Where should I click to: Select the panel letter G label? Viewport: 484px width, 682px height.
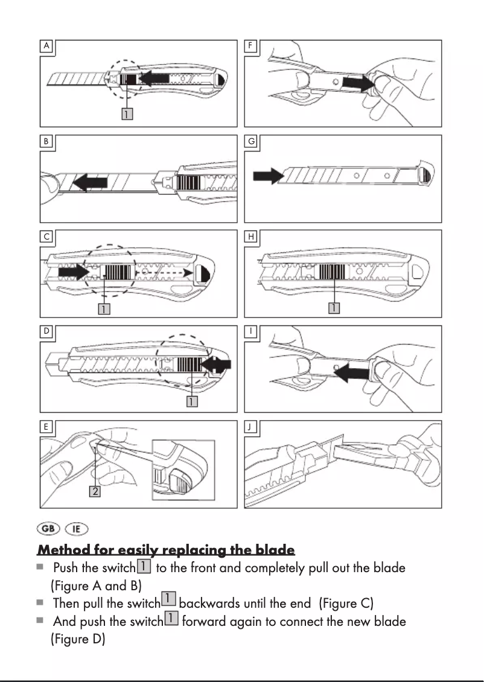point(251,141)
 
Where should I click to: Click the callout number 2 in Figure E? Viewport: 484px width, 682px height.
point(94,491)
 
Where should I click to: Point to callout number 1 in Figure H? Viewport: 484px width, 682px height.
point(334,308)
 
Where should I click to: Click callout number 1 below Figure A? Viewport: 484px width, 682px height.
point(127,113)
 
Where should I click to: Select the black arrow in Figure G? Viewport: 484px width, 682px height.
point(269,176)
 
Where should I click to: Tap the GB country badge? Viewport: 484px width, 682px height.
point(48,529)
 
